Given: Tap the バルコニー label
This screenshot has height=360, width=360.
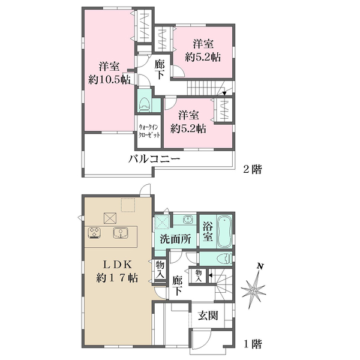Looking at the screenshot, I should (x=155, y=159).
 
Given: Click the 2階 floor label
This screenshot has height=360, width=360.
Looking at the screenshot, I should (x=253, y=170).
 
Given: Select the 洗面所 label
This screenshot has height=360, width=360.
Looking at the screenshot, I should (x=176, y=239).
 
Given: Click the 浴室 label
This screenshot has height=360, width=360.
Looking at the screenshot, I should (x=207, y=232).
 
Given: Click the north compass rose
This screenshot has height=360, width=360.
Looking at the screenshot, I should (x=255, y=290).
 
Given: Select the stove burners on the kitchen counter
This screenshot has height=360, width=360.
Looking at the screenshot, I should (x=95, y=233).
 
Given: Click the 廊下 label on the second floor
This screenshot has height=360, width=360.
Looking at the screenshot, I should (x=160, y=70).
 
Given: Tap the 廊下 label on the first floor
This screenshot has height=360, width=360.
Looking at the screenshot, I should (x=178, y=284).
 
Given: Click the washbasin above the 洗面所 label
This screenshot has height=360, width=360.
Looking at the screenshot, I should (x=186, y=220).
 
